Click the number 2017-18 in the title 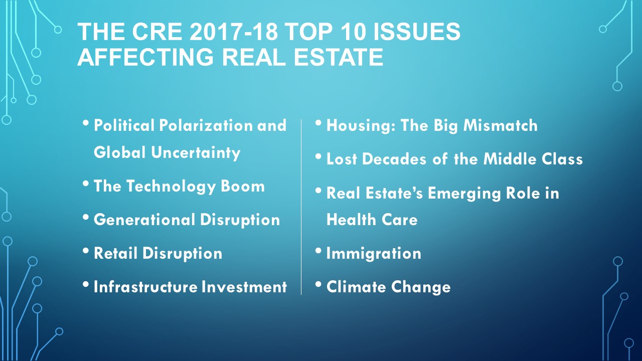(234, 31)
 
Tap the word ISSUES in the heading (417, 31)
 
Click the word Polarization (206, 125)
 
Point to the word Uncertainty (196, 153)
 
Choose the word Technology (171, 187)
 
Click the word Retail (115, 253)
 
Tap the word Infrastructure (145, 287)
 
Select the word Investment (244, 287)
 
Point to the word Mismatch (501, 125)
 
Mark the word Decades (394, 159)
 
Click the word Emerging (464, 194)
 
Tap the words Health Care (372, 220)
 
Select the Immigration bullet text (374, 254)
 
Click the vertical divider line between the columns (301, 207)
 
